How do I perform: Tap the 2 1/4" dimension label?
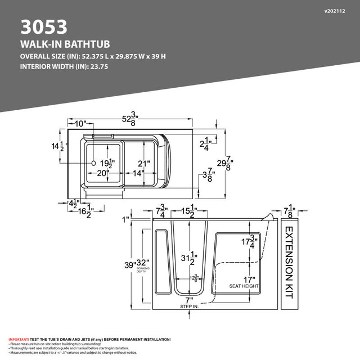click(206, 143)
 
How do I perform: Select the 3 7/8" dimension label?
click(208, 175)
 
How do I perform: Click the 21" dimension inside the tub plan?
click(145, 164)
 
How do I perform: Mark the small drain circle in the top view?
click(93, 163)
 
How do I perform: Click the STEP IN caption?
click(189, 307)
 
